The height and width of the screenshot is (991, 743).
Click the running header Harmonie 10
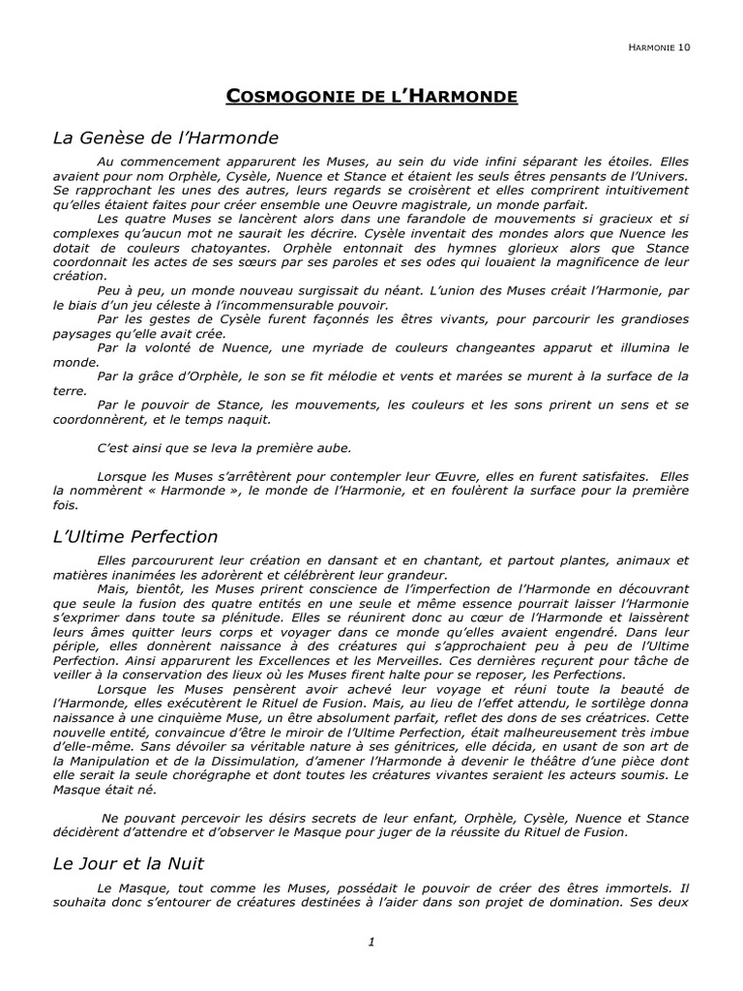[659, 45]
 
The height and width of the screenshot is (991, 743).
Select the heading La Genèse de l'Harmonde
[165, 137]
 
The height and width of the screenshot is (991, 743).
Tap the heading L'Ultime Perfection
[135, 536]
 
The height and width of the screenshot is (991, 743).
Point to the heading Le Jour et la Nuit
[129, 862]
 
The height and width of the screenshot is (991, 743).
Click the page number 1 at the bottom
[371, 944]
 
